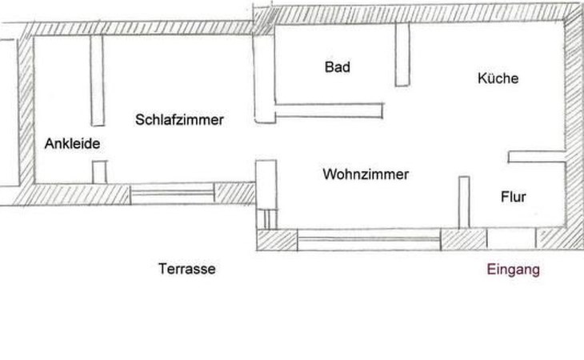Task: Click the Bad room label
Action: point(338,68)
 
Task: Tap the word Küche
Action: point(498,78)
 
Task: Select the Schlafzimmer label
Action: point(179,120)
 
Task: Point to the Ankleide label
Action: point(72,145)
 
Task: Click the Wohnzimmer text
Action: point(366,174)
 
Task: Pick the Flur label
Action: point(513,197)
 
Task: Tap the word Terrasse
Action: point(187,270)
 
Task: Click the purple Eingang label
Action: point(514,270)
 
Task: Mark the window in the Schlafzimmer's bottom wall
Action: point(173,192)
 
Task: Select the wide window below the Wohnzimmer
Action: point(368,238)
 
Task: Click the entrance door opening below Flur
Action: point(511,238)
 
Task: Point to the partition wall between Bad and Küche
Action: point(402,54)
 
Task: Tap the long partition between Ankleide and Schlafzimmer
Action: point(98,80)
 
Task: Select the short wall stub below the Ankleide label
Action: point(99,171)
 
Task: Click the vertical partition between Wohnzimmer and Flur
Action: point(463,202)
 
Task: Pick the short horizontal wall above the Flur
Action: point(536,155)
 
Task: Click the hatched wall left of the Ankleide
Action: point(25,112)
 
